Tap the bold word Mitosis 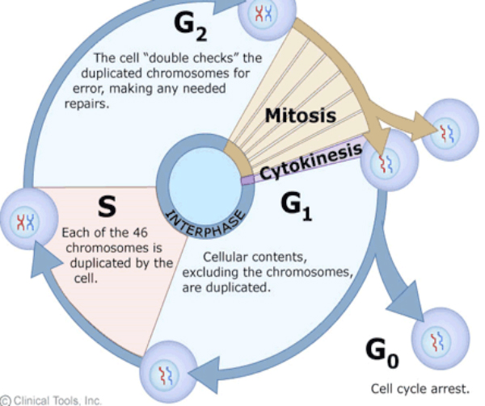point(300,115)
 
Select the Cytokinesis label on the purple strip point(299,165)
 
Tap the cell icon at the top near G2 point(263,12)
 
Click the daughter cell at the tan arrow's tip point(446,129)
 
